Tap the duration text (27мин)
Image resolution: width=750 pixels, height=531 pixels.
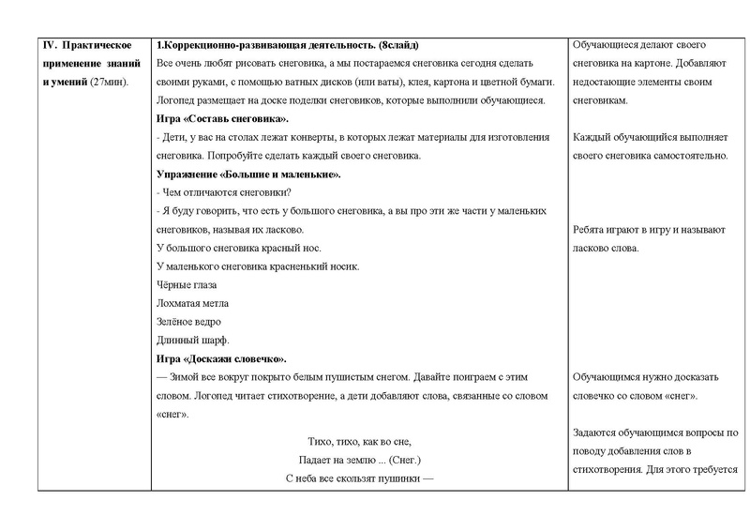point(111,83)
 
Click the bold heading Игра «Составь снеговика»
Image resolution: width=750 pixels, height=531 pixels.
point(222,119)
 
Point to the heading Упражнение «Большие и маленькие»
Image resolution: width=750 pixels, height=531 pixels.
point(247,174)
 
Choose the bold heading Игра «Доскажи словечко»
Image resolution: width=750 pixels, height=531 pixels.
point(221,358)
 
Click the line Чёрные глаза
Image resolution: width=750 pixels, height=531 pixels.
point(187,284)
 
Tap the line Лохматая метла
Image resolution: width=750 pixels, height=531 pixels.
point(191,303)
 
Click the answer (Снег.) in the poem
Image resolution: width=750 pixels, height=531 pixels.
point(399,460)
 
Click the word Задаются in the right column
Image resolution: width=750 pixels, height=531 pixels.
point(596,432)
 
